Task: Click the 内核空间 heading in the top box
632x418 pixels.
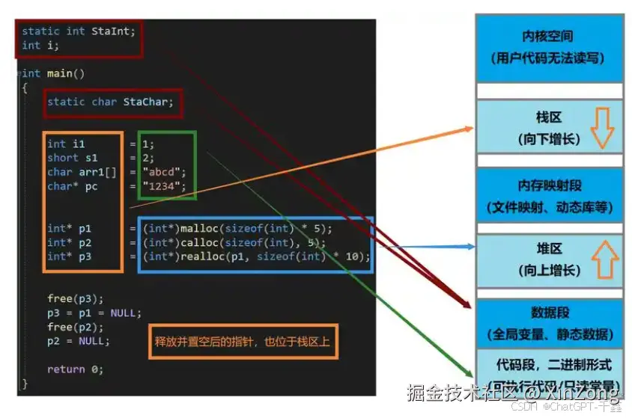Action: [x=549, y=37]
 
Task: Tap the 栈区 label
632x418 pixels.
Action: [x=549, y=118]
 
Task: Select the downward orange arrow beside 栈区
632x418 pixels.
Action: [x=602, y=128]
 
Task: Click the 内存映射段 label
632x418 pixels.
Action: [x=549, y=185]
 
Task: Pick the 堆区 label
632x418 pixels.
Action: [x=549, y=248]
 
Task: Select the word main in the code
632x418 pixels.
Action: [x=58, y=73]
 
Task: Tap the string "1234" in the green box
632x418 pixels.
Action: [x=162, y=186]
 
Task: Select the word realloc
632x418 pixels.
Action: [x=201, y=256]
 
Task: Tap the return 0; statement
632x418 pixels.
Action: [x=75, y=369]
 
